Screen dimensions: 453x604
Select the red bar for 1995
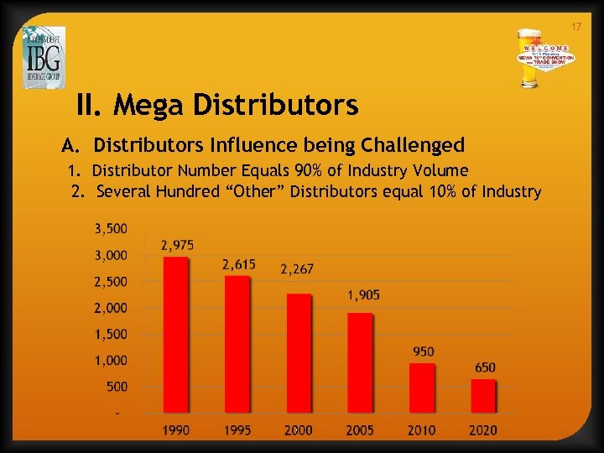pos(237,344)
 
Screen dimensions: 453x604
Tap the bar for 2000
pos(298,352)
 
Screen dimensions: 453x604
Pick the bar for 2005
pos(359,362)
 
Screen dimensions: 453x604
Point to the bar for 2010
pos(421,388)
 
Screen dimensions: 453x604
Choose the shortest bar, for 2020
pos(482,395)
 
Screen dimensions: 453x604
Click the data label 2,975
pos(177,245)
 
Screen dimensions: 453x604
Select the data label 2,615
pos(238,264)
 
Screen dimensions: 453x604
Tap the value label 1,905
pos(364,295)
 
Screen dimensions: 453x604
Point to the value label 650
pos(485,367)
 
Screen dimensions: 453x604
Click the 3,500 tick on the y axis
pos(111,228)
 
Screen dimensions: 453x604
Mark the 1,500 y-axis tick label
pos(111,334)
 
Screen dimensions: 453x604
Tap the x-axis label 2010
pos(421,430)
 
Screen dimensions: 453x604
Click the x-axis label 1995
pos(237,430)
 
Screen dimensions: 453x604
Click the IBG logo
pos(44,57)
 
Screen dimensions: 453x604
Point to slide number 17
pos(575,28)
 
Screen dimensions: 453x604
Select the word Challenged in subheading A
pos(410,145)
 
